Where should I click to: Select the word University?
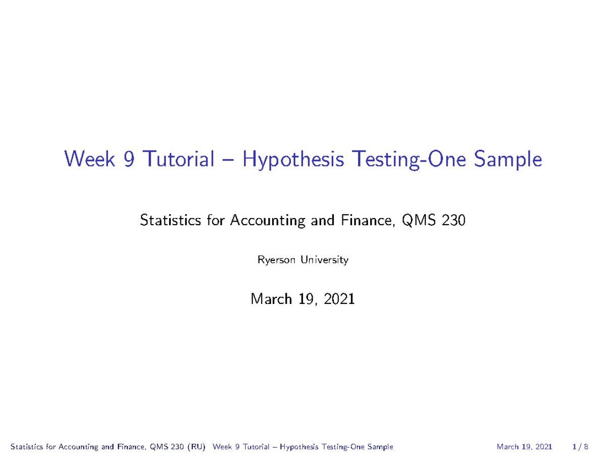pyautogui.click(x=324, y=261)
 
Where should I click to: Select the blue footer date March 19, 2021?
pyautogui.click(x=524, y=447)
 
